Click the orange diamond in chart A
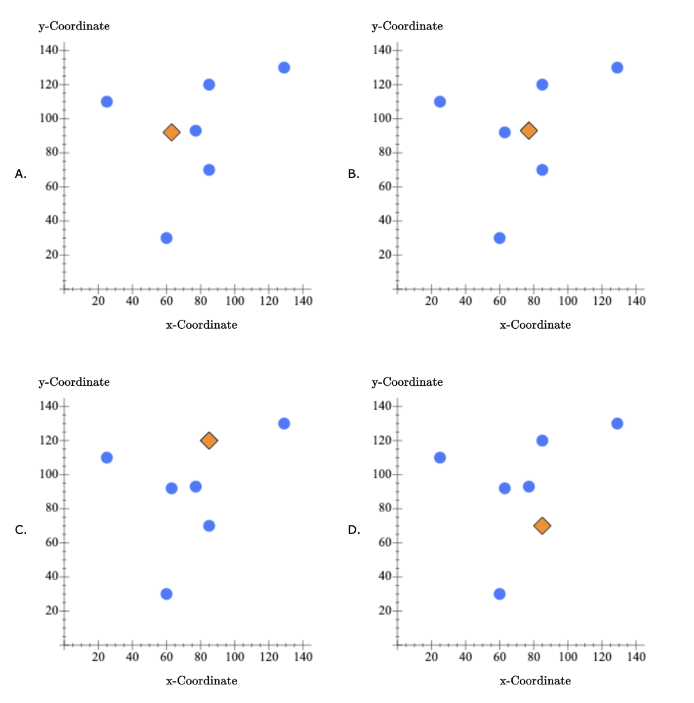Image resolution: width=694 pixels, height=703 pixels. [x=172, y=132]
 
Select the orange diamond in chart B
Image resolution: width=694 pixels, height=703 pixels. [x=529, y=130]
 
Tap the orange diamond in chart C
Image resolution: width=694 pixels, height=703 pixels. [x=209, y=440]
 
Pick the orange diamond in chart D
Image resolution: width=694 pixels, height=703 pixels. [x=542, y=526]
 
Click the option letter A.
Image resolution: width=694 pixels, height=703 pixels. [x=21, y=174]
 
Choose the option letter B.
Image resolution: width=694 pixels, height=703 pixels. [x=354, y=174]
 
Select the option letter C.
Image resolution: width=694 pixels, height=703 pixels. [x=21, y=530]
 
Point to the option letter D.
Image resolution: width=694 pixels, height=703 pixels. [x=354, y=530]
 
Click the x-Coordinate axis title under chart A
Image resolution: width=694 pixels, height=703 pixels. [x=202, y=325]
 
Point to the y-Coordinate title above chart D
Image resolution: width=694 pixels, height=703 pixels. [x=407, y=382]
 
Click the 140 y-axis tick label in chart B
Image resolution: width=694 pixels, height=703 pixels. [x=382, y=51]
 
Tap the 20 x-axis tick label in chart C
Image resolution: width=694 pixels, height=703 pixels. [x=98, y=657]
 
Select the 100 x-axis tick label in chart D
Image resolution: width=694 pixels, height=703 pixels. [x=568, y=657]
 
